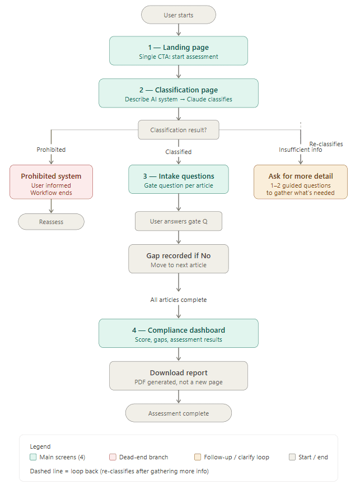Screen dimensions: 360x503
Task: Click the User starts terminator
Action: point(179,15)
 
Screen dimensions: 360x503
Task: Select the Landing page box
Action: point(179,50)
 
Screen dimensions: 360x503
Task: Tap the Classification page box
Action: point(179,93)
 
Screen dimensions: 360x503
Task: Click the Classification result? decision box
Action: point(179,130)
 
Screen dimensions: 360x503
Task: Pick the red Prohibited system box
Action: point(52,182)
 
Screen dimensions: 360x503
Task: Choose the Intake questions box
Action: point(179,179)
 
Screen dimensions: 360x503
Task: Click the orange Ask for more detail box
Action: point(301,182)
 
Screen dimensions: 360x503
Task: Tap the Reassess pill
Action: point(52,222)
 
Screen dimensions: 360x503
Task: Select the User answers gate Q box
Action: point(179,221)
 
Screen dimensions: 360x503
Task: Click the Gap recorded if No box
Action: point(179,259)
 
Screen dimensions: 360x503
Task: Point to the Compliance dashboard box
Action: point(179,333)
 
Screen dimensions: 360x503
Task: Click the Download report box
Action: point(179,376)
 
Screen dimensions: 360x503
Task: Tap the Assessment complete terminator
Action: point(179,413)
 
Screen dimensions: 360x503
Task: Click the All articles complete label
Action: point(179,300)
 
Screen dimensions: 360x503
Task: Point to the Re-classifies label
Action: point(326,144)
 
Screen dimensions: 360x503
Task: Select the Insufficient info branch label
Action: point(301,150)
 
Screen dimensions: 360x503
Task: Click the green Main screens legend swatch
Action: point(33,457)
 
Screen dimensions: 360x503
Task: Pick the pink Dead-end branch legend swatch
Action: point(113,457)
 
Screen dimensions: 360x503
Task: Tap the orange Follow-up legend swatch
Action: point(198,457)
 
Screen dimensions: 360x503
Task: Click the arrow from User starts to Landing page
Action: point(179,30)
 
